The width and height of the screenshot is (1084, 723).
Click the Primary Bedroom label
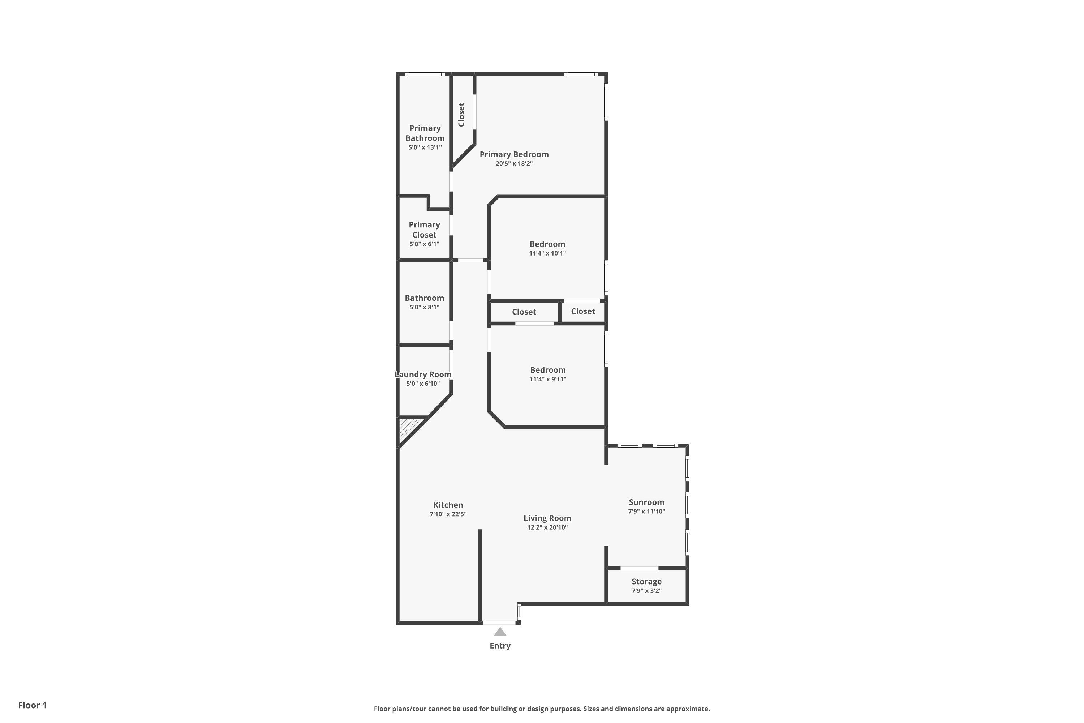click(x=514, y=154)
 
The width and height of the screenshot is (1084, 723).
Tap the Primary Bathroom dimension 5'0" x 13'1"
click(x=425, y=147)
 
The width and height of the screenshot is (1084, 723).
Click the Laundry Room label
click(x=423, y=375)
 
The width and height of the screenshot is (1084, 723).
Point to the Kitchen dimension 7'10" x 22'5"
click(x=448, y=514)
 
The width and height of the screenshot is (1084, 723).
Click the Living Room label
click(x=547, y=518)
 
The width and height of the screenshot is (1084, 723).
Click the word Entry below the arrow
click(x=500, y=646)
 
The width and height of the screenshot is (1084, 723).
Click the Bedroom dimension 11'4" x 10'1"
click(x=547, y=253)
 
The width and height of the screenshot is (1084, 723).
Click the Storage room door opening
click(x=640, y=568)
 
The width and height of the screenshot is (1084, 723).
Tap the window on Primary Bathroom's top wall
click(x=425, y=74)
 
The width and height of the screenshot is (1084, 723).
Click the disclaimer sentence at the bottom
click(x=542, y=709)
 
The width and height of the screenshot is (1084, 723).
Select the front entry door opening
click(x=499, y=623)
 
